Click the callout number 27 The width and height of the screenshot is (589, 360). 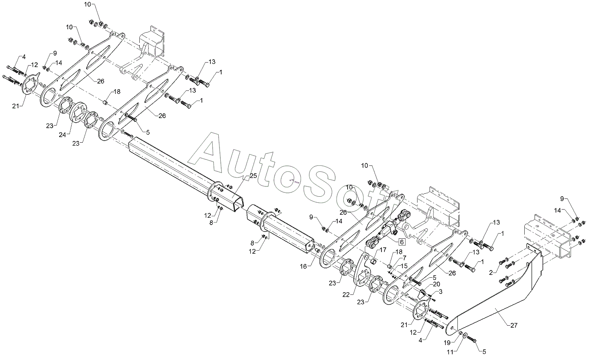click(514, 325)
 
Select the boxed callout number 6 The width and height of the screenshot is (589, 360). click(402, 242)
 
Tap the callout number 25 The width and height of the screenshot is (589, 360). click(253, 176)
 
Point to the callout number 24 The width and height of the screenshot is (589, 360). click(63, 135)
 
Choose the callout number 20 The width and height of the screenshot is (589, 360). click(436, 284)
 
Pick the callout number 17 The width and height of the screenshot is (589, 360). click(383, 249)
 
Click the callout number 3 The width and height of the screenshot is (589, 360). click(441, 291)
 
